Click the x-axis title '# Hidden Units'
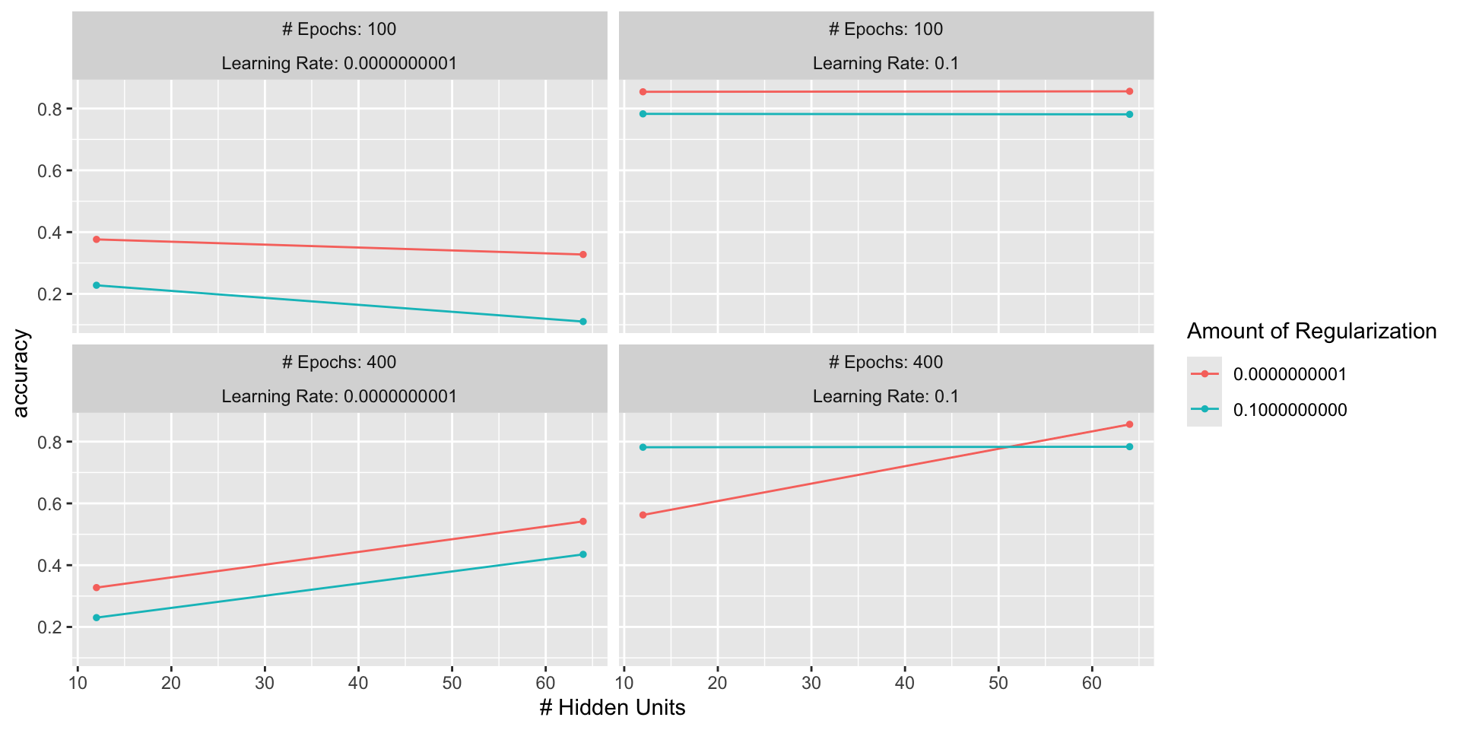click(x=612, y=708)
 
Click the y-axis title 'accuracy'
click(x=21, y=373)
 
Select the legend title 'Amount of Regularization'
click(x=1311, y=332)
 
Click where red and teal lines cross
click(x=1006, y=447)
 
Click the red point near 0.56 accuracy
click(x=643, y=515)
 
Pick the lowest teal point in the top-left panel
click(x=582, y=322)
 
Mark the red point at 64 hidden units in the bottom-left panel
click(x=582, y=522)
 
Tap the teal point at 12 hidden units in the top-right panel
click(x=643, y=114)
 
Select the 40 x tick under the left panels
click(x=358, y=683)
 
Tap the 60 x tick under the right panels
click(x=1092, y=683)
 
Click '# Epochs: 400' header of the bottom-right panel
click(x=886, y=362)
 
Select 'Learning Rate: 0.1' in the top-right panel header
click(x=886, y=63)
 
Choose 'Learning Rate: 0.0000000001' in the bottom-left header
click(x=339, y=396)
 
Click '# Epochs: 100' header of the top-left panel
click(x=339, y=29)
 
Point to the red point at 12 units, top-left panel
click(x=96, y=240)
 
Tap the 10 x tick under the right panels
click(x=624, y=683)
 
